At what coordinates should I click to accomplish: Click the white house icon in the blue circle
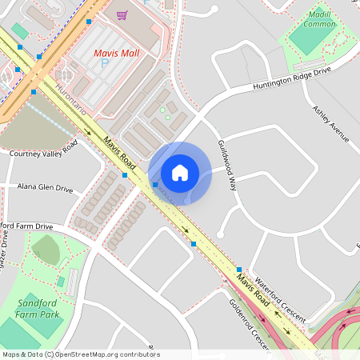[x=180, y=173]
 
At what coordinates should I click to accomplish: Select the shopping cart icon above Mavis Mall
[x=122, y=14]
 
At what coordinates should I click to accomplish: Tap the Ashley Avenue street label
[x=330, y=122]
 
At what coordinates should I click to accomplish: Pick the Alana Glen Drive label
[x=45, y=189]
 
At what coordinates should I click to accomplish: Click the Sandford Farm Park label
[x=38, y=309]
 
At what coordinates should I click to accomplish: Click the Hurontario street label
[x=70, y=97]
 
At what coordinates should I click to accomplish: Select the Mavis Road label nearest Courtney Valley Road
[x=118, y=157]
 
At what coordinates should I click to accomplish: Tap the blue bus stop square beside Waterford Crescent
[x=239, y=269]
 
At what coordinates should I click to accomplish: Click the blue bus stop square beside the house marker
[x=154, y=185]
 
